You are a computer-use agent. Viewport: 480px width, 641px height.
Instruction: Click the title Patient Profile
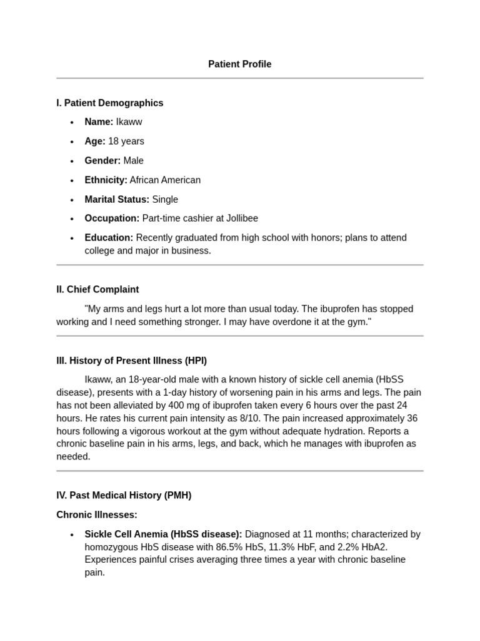239,64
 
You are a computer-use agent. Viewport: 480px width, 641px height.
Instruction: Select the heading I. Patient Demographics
109,103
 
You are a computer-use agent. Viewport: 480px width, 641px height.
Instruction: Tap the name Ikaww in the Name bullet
129,122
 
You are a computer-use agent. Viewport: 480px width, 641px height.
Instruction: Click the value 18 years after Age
126,141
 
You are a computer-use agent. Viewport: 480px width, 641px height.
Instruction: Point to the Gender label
102,161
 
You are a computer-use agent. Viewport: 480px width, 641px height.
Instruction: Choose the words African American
165,180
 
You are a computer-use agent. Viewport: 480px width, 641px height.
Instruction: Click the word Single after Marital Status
165,200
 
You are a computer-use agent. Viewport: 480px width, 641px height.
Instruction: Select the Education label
109,238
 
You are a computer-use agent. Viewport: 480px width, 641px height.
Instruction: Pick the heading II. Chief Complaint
97,290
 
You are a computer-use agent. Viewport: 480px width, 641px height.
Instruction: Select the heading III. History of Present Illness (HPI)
131,361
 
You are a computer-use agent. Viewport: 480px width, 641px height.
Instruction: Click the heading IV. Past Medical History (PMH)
124,495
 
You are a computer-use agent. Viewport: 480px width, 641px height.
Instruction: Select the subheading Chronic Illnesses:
97,515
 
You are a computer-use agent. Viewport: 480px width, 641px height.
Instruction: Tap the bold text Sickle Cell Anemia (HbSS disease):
163,534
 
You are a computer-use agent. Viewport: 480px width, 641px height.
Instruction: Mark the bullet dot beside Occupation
72,219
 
